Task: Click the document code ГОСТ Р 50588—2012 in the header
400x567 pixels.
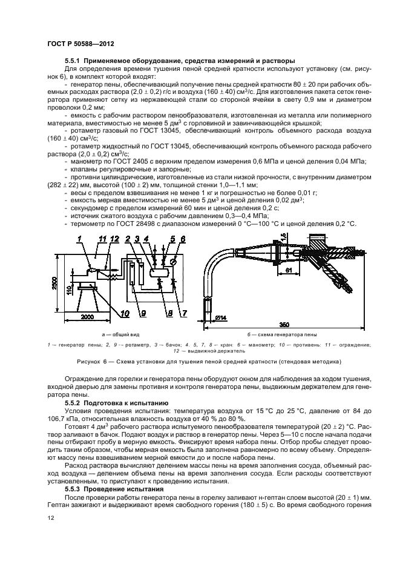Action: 80,44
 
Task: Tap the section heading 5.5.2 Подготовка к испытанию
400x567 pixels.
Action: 110,402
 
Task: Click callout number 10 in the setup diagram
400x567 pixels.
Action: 125,314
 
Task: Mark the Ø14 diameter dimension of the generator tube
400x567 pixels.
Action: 219,317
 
